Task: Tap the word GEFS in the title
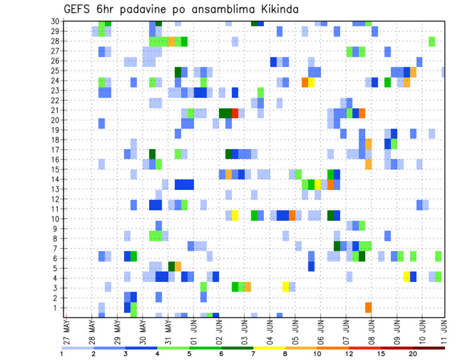click(79, 9)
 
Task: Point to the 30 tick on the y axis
click(56, 21)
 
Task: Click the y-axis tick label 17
click(56, 149)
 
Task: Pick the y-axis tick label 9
click(58, 229)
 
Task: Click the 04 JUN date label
click(270, 329)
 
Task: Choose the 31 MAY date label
click(169, 329)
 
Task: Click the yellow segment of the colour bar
click(269, 348)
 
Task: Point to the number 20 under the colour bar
click(413, 354)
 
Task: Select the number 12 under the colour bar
click(349, 354)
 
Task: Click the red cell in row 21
click(235, 113)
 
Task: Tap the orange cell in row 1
click(368, 308)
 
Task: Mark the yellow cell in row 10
click(235, 215)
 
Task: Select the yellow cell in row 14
click(317, 184)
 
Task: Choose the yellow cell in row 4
click(406, 277)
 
